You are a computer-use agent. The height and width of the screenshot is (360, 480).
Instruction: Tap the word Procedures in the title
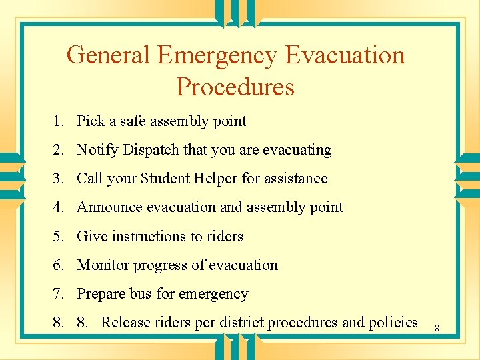point(235,87)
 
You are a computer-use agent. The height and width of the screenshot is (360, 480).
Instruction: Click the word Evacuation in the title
point(345,55)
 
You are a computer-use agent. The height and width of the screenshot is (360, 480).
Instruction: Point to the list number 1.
point(59,121)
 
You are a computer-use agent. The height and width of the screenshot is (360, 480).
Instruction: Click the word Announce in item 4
point(109,207)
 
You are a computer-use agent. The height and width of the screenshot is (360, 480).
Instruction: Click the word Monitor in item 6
point(103,265)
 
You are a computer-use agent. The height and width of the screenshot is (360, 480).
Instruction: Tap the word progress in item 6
point(160,265)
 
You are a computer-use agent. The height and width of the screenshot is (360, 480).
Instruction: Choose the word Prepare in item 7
point(104,294)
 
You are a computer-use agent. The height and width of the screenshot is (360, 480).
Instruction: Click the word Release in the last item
point(125,323)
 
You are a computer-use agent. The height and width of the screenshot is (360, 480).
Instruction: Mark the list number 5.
point(59,236)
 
